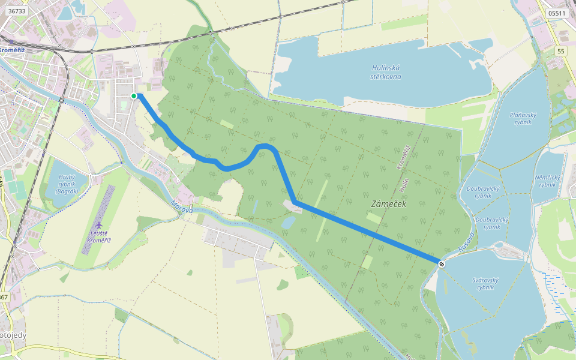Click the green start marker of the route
point(134,95)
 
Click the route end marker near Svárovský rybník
point(442,263)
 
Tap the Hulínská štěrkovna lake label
point(385,72)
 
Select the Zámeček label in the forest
point(388,205)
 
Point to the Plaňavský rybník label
point(522,118)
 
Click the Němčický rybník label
point(547,181)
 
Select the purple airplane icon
point(98,225)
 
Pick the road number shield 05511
point(557,13)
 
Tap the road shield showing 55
point(560,52)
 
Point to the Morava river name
point(181,208)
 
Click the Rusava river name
point(466,241)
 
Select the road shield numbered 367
point(4,297)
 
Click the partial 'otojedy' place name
point(13,335)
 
